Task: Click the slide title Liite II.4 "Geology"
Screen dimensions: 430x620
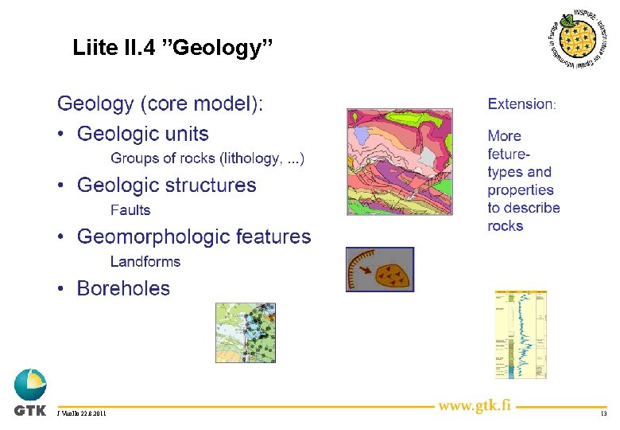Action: (172, 48)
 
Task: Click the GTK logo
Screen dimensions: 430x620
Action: (30, 393)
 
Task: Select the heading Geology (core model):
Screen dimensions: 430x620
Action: (161, 104)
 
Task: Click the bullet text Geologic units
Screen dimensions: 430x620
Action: (142, 134)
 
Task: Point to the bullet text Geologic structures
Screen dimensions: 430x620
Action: (166, 186)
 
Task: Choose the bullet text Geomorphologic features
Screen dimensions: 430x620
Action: (194, 236)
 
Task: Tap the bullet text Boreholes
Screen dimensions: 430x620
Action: (123, 288)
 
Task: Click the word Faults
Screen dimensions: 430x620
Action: (130, 210)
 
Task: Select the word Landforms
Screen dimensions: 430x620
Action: (145, 261)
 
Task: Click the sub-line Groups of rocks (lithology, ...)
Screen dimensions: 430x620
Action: (207, 158)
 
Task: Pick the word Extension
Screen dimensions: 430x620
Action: (521, 104)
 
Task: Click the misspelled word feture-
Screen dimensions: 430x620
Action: (509, 154)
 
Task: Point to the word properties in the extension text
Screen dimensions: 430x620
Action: (521, 190)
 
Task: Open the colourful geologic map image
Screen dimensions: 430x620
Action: (399, 162)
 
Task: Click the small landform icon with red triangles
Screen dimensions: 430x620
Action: (380, 269)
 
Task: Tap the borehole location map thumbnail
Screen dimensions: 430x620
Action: (246, 333)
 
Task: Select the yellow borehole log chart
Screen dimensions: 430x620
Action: (521, 334)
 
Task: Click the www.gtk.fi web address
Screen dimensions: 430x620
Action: (475, 406)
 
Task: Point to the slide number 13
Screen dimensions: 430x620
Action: (603, 414)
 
